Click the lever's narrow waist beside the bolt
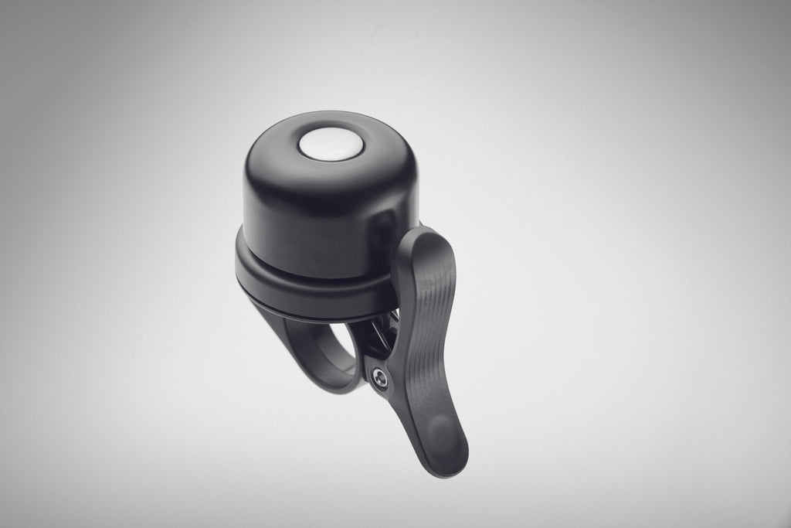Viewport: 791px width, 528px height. [402, 379]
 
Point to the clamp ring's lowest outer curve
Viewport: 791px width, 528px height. [332, 387]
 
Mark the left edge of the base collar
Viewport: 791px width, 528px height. [239, 263]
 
